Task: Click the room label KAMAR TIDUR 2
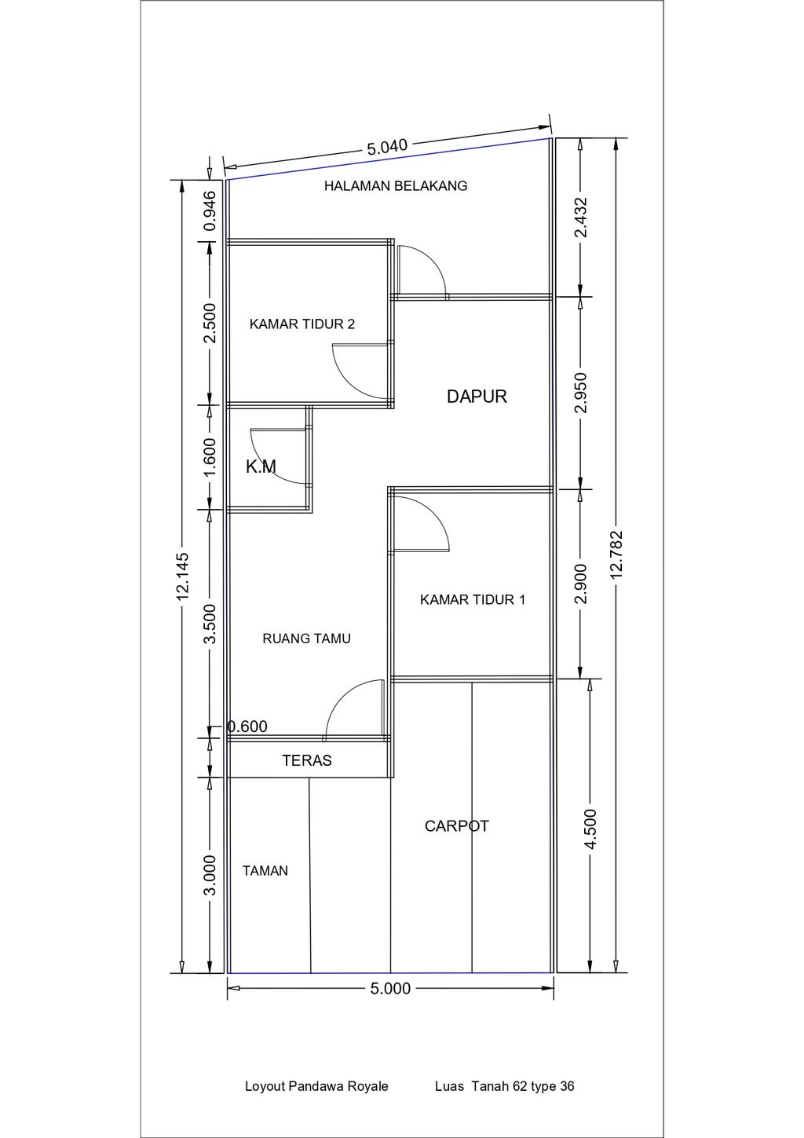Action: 301,324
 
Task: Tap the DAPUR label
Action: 477,397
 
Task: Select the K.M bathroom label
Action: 261,467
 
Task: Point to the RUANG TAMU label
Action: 306,639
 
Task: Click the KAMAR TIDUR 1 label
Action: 473,600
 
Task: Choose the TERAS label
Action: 307,760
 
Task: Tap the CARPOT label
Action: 457,826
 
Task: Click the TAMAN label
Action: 265,871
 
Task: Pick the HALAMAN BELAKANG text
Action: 396,186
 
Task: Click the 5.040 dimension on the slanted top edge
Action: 387,147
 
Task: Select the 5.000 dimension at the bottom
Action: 390,989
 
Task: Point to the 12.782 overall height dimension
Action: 616,555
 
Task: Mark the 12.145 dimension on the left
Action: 183,576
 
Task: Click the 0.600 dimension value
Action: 247,726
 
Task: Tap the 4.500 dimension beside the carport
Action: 590,829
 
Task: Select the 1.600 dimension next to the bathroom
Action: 210,457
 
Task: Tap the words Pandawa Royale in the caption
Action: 338,1087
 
